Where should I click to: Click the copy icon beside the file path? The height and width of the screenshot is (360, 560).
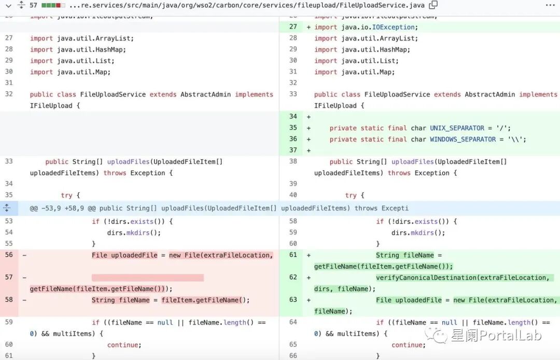click(x=433, y=5)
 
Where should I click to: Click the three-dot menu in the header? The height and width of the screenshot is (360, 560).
click(x=550, y=5)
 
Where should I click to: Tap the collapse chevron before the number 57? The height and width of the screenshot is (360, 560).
click(x=7, y=5)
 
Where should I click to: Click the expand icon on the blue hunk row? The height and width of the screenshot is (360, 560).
click(x=7, y=208)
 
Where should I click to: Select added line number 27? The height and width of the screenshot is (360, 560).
click(x=293, y=27)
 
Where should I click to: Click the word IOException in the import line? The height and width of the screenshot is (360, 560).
click(x=394, y=27)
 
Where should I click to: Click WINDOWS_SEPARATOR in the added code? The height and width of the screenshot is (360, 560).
click(x=463, y=139)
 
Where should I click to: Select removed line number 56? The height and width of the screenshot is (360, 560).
click(x=9, y=255)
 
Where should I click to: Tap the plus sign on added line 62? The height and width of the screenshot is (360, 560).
click(x=309, y=278)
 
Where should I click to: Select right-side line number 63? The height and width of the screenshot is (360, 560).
click(x=293, y=300)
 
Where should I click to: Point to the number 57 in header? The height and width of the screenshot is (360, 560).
click(x=33, y=5)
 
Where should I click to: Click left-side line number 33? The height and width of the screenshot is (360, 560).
click(x=9, y=162)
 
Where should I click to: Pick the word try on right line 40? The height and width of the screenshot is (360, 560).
click(x=351, y=196)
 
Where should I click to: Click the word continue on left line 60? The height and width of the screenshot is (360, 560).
click(x=124, y=345)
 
